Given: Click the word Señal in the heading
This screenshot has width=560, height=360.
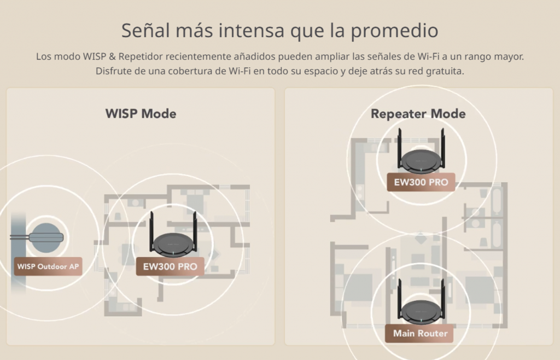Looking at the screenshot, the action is pos(145,30).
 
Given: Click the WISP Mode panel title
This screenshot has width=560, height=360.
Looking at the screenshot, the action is pos(141,114).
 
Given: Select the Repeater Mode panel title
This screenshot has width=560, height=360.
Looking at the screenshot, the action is pos(418,114).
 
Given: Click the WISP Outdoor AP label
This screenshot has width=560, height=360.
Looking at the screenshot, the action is pos(48,266).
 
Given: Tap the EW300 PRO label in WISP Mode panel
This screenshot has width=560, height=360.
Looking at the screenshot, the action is pos(170,266).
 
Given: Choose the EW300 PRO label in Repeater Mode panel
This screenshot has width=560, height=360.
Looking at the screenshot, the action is pos(421,182).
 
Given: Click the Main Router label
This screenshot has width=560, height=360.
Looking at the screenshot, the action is pos(419,334).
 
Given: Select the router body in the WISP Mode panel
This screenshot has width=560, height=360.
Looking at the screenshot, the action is pos(173,245).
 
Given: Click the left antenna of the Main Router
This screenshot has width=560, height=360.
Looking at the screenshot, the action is pos(400,299).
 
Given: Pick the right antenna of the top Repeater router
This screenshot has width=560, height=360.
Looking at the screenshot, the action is pos(443,148).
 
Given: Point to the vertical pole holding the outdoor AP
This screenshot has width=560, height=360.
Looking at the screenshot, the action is pos(18,252).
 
